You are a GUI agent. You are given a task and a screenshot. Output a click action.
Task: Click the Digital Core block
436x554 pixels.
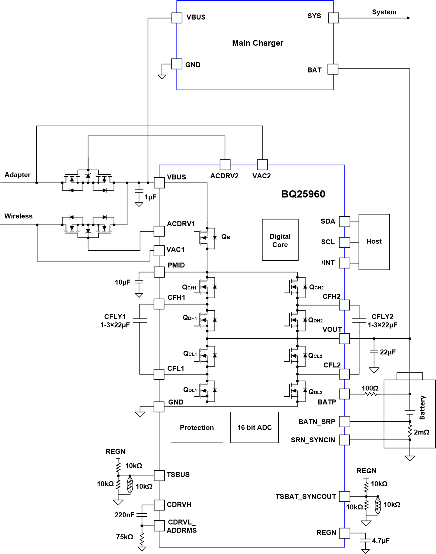tap(280, 240)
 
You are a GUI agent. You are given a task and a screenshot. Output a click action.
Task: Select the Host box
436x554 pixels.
tap(374, 242)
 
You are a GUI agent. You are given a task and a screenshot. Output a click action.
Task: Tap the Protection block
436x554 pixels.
tap(197, 427)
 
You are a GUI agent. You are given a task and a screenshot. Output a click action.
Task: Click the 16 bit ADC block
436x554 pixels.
tap(254, 427)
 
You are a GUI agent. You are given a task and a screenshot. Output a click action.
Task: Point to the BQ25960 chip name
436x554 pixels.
tap(303, 194)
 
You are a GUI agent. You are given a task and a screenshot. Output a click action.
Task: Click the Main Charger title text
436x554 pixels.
tap(258, 43)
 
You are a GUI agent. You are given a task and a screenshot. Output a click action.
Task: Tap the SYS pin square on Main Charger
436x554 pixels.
tap(333, 18)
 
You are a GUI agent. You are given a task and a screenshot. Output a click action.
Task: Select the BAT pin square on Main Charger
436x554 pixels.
tap(333, 69)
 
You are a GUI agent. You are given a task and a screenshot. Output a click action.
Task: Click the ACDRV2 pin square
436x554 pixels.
tap(225, 165)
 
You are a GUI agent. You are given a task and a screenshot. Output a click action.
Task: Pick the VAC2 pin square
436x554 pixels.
tap(262, 165)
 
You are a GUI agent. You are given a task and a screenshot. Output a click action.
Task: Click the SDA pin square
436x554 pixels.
tap(344, 222)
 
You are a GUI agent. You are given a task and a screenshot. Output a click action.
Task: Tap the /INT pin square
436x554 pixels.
tap(344, 263)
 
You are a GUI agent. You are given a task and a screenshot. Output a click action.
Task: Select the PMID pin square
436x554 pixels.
tap(159, 272)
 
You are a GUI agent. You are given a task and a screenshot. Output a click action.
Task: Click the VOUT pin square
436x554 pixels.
tap(344, 339)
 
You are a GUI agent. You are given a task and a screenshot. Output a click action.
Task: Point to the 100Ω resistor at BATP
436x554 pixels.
tap(371, 394)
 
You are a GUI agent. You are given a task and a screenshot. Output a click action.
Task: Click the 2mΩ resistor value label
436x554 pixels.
tap(421, 432)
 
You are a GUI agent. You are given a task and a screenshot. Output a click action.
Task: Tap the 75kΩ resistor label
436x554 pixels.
tap(125, 537)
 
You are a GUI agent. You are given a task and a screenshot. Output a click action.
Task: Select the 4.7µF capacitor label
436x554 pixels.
tap(380, 541)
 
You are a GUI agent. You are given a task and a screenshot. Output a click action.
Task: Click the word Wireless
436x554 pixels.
tap(19, 216)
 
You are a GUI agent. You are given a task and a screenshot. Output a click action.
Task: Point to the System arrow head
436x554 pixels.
tap(409, 18)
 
